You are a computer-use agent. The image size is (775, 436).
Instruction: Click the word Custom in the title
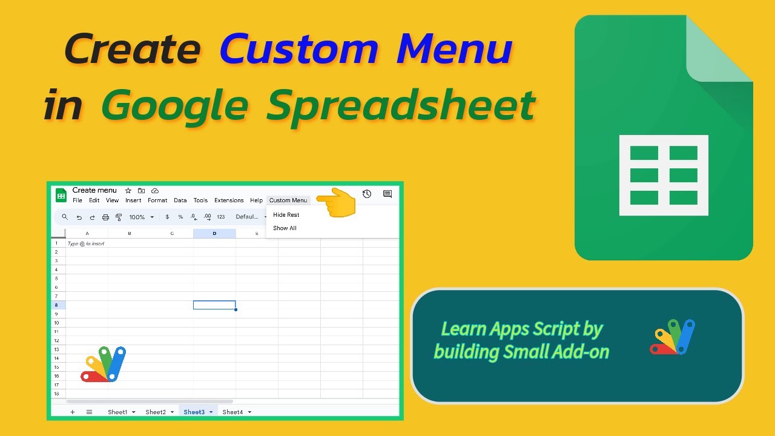click(299, 49)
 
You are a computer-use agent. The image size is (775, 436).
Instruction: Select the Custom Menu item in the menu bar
click(288, 200)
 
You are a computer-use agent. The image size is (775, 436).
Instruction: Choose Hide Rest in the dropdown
click(286, 215)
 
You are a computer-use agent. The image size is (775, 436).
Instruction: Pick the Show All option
click(285, 228)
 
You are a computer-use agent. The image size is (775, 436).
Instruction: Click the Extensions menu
click(229, 200)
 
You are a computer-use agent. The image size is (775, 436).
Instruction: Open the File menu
click(77, 200)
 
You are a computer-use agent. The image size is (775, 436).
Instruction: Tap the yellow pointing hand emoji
click(336, 202)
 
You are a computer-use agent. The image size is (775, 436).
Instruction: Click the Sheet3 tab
click(198, 412)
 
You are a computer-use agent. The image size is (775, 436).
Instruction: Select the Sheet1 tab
click(121, 412)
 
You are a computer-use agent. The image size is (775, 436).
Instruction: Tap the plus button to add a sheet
click(72, 412)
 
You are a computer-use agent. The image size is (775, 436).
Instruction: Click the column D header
click(214, 234)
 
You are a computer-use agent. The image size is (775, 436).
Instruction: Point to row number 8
click(56, 305)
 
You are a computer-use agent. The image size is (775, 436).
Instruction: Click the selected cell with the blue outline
click(214, 305)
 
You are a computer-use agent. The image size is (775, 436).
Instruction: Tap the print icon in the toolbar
click(105, 217)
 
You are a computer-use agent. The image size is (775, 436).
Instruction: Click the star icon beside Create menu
click(128, 191)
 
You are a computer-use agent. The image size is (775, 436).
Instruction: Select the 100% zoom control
click(141, 217)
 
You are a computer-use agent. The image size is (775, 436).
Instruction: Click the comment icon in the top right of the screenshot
click(387, 194)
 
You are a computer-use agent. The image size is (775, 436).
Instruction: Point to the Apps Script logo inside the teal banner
click(673, 337)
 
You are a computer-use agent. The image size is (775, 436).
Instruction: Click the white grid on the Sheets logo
click(664, 176)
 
